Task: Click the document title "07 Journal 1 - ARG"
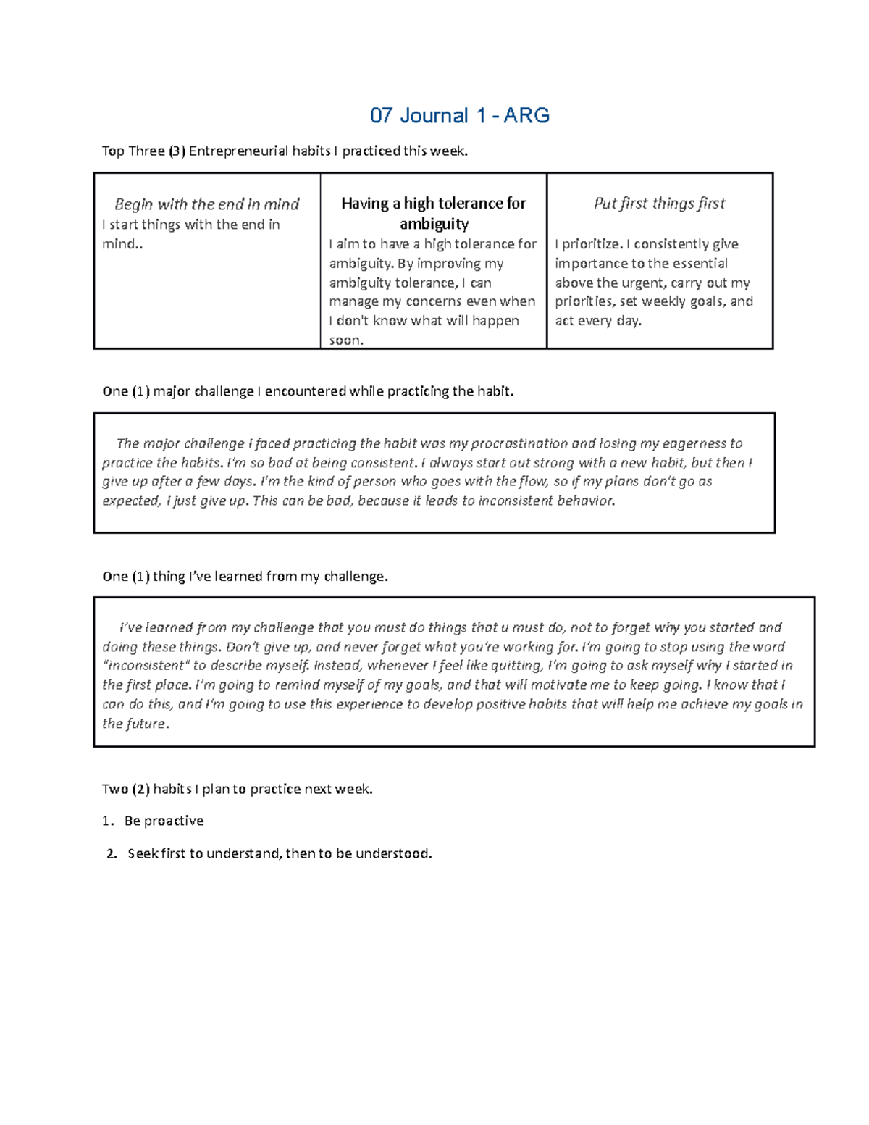click(459, 116)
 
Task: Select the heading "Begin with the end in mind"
click(206, 204)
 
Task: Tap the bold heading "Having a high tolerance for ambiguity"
click(433, 213)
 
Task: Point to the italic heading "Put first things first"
click(659, 204)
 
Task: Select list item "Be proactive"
click(164, 821)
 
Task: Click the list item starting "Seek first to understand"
click(279, 853)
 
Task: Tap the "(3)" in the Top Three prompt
click(177, 151)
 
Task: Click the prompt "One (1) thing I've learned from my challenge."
click(245, 577)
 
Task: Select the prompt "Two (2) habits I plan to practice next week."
click(237, 789)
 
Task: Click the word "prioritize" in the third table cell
click(587, 244)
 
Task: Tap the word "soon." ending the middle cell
click(346, 340)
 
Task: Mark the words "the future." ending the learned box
click(135, 724)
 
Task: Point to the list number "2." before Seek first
click(111, 853)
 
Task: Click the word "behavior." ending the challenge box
click(586, 501)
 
